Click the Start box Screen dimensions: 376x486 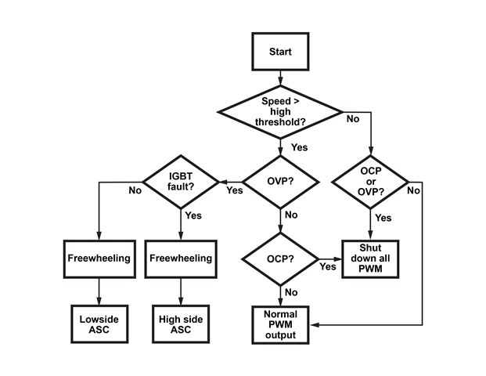[x=279, y=52]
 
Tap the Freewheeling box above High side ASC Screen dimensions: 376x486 [x=181, y=257]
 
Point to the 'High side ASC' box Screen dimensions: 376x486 [x=181, y=324]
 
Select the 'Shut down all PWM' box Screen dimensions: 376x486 [x=370, y=259]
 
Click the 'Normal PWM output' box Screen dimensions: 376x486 [x=279, y=324]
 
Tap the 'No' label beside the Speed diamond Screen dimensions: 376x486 [x=353, y=119]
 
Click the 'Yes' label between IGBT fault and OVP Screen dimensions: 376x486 [x=234, y=190]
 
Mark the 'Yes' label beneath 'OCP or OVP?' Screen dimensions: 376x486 [x=383, y=218]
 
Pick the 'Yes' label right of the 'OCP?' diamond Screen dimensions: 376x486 [x=328, y=267]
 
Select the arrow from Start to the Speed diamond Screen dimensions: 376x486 [x=279, y=78]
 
